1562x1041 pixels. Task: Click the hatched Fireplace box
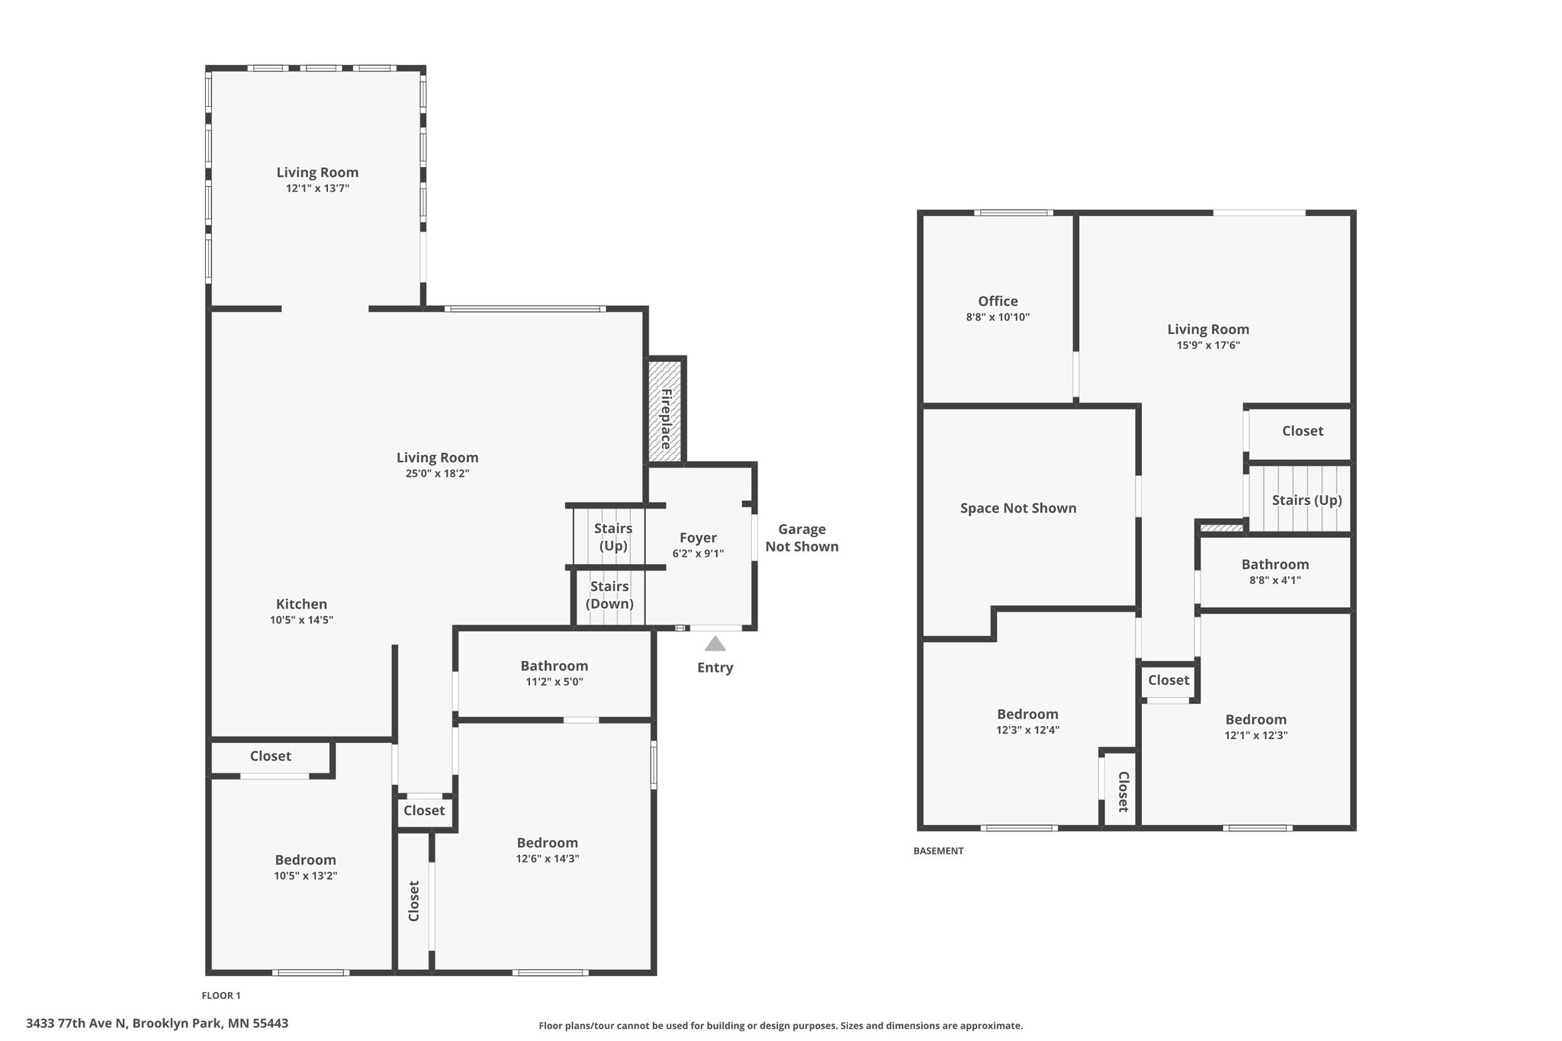pos(664,411)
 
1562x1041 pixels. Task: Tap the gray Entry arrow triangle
pos(715,644)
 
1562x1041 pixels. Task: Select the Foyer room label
pos(698,538)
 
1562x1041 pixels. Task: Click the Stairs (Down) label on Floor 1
pos(609,595)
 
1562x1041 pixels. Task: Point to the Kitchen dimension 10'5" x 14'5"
pos(301,620)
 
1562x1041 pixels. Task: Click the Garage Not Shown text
pos(802,538)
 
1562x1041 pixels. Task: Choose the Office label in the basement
pos(998,301)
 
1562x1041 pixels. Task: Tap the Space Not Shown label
pos(1018,508)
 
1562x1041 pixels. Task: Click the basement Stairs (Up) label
pos(1306,500)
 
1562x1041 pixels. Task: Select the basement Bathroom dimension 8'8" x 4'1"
pos(1274,580)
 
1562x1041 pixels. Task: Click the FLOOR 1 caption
pos(220,995)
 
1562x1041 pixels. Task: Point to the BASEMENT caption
pos(938,851)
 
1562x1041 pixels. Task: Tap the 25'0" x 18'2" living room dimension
pos(437,474)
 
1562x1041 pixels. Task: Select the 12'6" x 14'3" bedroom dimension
pos(547,859)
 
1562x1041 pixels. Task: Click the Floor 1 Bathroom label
pos(554,666)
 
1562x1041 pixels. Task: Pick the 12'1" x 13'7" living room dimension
pos(317,188)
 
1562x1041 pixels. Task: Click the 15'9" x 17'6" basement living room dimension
pos(1208,345)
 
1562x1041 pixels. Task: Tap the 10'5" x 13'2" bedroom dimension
pos(305,876)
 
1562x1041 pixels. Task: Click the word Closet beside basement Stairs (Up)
pos(1302,431)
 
